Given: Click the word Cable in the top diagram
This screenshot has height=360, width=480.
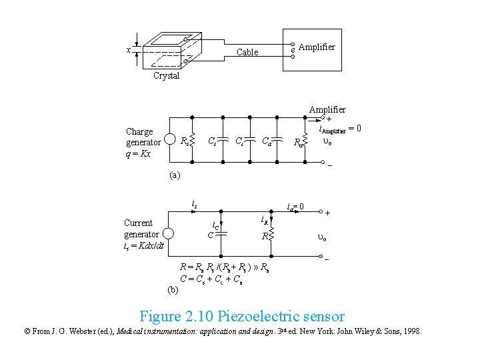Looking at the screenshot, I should (247, 52).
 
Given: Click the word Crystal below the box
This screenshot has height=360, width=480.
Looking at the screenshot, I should (166, 76).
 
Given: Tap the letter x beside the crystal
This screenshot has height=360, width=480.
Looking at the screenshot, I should (128, 51).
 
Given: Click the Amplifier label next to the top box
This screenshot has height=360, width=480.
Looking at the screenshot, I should (317, 47).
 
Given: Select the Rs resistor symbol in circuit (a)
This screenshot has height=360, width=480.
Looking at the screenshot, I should (192, 141).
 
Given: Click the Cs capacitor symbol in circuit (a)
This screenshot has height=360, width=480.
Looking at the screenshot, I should (221, 141).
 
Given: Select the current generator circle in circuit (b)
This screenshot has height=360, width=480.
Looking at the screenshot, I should (169, 234).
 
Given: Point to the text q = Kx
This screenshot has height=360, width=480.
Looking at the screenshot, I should (138, 153).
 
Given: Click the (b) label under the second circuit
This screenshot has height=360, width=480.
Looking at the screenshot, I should (173, 289).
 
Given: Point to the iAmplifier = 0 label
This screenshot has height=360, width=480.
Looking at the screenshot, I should (340, 129).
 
